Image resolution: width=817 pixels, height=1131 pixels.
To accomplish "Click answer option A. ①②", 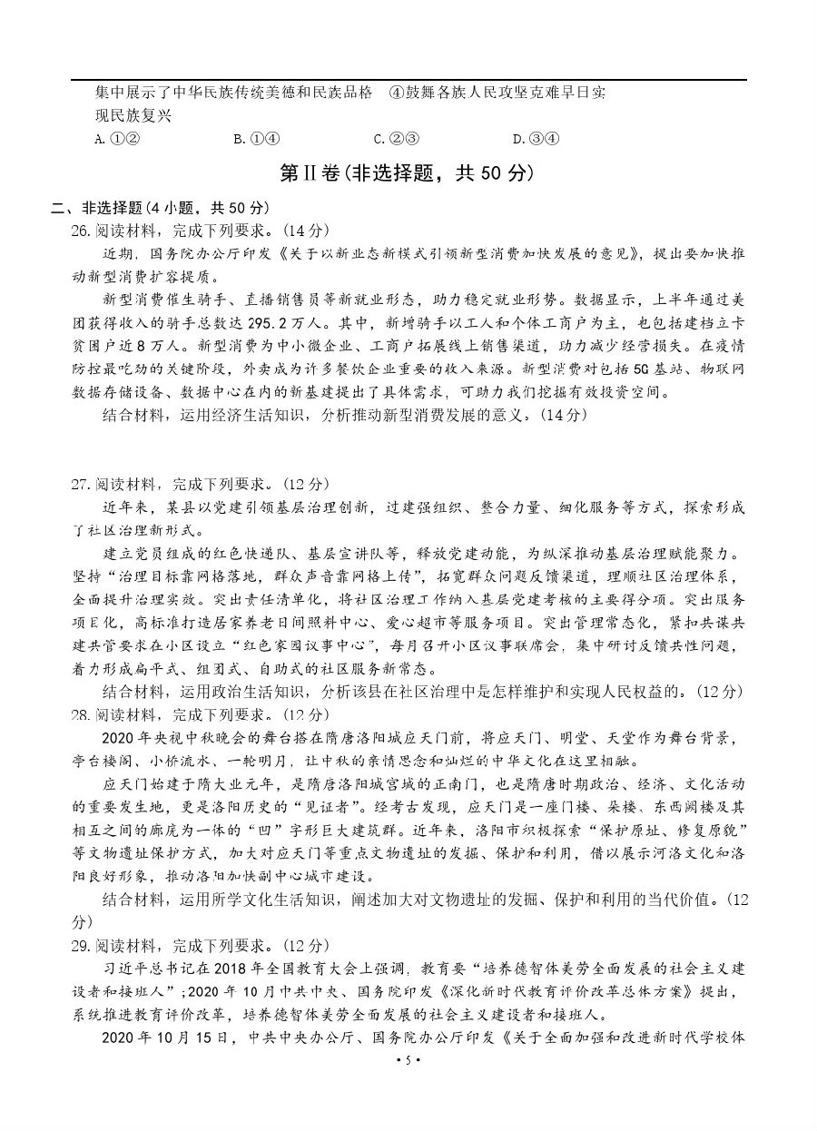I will click(x=115, y=139).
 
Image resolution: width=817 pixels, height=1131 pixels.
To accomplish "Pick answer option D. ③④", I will click(x=536, y=139).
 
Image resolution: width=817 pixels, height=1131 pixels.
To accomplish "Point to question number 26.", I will click(x=80, y=230).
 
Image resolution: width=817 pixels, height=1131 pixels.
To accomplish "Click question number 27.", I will click(x=80, y=484).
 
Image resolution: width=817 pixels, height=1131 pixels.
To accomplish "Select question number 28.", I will click(x=80, y=714).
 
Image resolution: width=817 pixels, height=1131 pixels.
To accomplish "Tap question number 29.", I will click(x=80, y=945).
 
